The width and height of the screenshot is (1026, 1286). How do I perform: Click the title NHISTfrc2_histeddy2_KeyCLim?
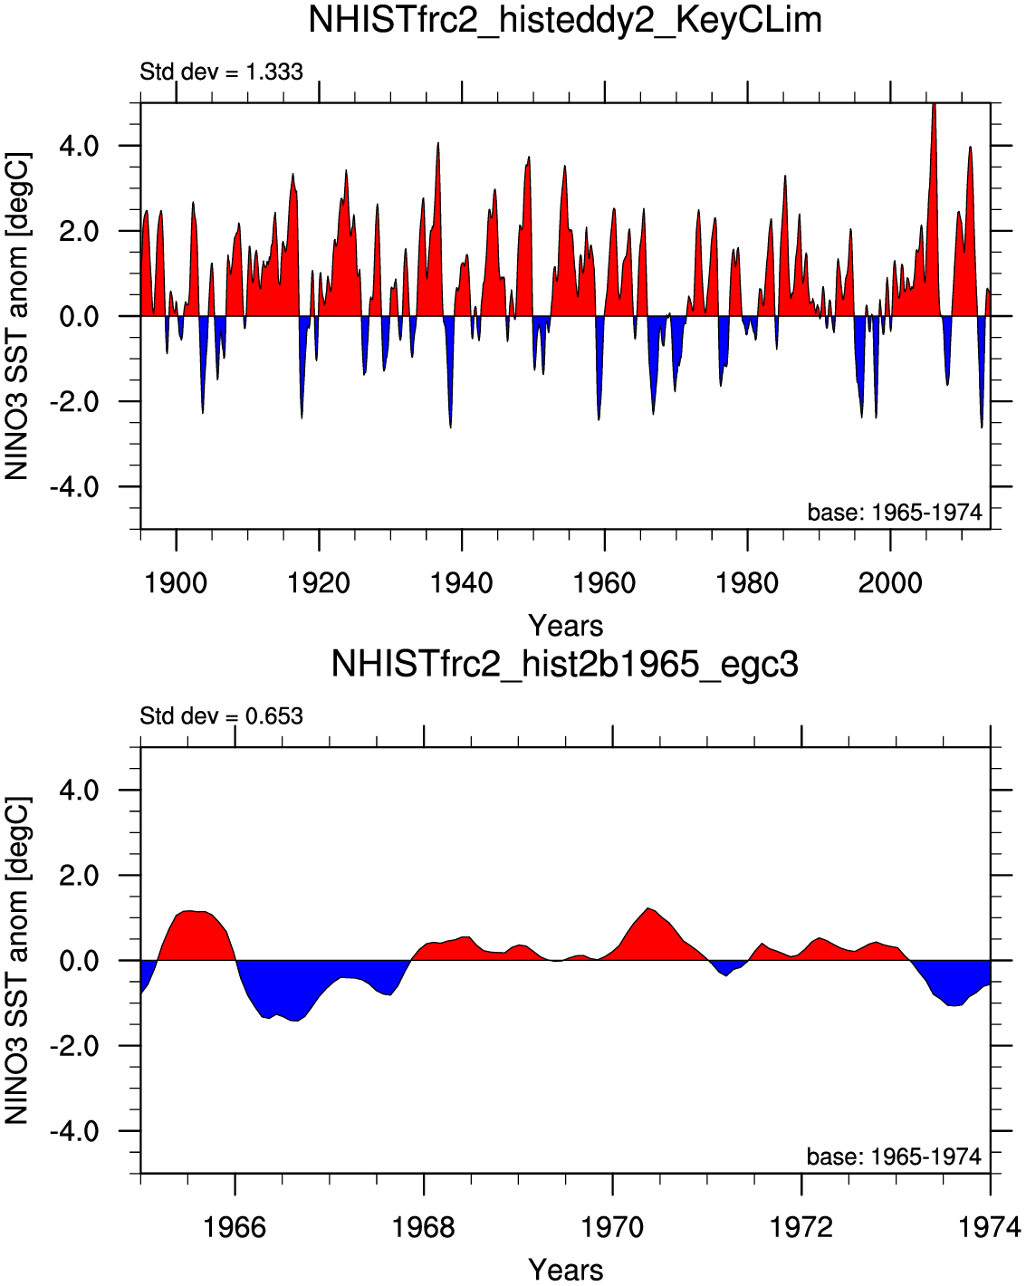[x=565, y=21]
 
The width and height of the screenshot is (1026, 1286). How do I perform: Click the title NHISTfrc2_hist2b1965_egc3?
[x=565, y=664]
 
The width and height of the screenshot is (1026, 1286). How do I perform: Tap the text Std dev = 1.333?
[x=221, y=72]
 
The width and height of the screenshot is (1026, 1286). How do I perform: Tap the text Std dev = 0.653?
[x=221, y=715]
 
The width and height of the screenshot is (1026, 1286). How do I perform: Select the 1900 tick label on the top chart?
[x=176, y=582]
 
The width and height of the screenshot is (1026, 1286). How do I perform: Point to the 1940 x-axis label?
[x=461, y=582]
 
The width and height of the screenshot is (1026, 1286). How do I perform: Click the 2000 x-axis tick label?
[x=890, y=582]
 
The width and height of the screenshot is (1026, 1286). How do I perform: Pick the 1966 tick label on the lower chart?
[x=235, y=1227]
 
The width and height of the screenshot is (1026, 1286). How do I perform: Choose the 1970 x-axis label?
[x=612, y=1227]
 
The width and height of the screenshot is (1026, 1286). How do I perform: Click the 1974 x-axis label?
[x=990, y=1227]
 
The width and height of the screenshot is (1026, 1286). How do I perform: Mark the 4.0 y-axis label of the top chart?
[x=79, y=147]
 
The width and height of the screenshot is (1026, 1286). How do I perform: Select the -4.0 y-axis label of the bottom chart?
[x=74, y=1130]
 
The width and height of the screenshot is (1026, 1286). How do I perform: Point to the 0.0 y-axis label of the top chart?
[x=79, y=316]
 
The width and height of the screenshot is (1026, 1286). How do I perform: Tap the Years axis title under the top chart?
[x=565, y=626]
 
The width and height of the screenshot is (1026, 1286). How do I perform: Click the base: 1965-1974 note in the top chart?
[x=895, y=512]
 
